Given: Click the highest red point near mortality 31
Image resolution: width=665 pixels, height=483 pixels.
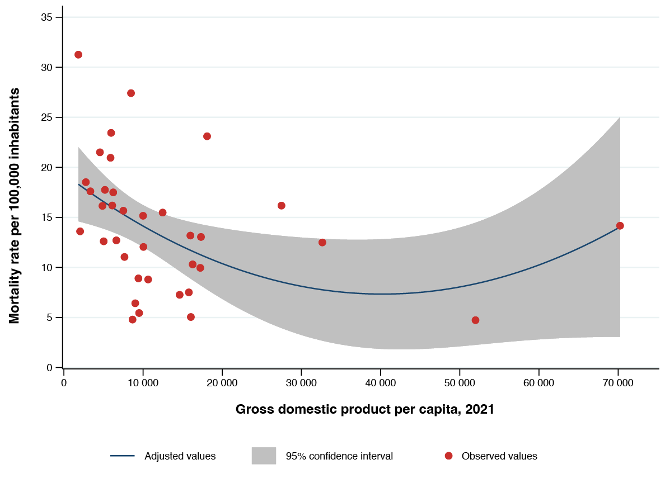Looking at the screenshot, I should point(78,55).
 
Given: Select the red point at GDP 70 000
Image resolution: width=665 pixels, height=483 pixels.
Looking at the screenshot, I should point(620,226).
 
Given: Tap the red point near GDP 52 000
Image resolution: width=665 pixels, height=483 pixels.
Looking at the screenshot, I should point(475,320).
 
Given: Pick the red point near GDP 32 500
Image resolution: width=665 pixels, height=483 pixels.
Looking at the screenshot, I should point(322,243).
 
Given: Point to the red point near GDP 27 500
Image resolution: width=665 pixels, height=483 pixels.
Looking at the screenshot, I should point(281,206).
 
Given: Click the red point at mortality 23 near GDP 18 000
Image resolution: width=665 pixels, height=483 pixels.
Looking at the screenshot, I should point(207,136).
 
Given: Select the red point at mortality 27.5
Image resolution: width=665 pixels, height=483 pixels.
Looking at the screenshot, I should point(131,93).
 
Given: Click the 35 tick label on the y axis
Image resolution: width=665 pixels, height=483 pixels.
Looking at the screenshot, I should point(47,18).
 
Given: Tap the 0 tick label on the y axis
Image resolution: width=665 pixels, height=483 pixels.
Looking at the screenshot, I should point(50,367).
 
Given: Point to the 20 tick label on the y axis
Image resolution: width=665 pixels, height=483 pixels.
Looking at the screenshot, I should point(47,168).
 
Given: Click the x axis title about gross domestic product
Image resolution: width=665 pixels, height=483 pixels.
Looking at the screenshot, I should point(364,409).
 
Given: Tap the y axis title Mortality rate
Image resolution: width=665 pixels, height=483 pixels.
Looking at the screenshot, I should point(15,206).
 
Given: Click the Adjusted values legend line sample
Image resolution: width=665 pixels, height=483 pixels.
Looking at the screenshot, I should point(123,456).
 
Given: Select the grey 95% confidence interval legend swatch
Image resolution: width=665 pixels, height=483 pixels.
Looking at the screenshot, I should point(264,456).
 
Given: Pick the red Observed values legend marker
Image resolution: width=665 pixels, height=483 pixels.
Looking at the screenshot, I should point(448,456).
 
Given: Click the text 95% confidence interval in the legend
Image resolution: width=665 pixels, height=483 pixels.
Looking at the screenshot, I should point(339,456).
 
